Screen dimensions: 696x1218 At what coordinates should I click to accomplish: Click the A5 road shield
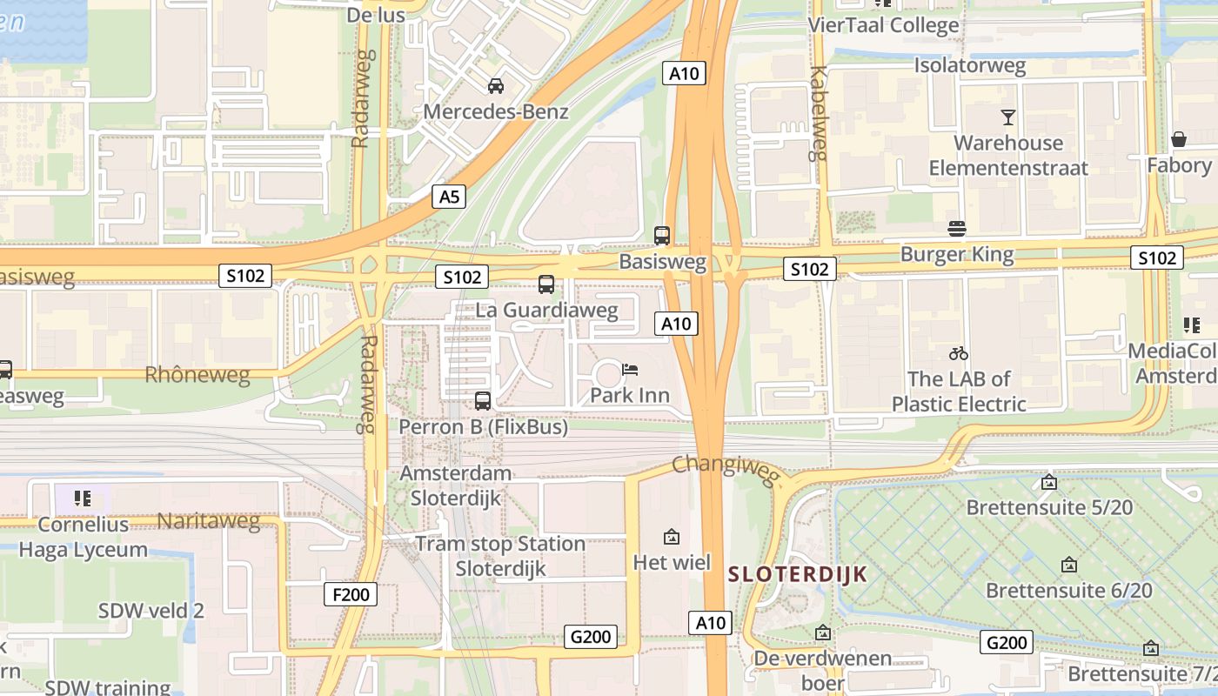[x=449, y=197]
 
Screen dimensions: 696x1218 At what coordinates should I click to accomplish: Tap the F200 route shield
[x=351, y=595]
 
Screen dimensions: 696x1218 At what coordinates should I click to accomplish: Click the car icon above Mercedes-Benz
[x=496, y=85]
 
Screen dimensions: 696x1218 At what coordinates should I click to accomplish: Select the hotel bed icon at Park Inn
[x=630, y=370]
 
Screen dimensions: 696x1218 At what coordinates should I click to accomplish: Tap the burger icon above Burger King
[x=957, y=228]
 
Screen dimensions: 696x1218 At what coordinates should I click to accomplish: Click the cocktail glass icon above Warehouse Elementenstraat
[x=1007, y=117]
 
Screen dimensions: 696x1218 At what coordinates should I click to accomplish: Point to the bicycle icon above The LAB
[x=959, y=353]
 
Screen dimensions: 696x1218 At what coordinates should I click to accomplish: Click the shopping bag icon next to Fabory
[x=1179, y=139]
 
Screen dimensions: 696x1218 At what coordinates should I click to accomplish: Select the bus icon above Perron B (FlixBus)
[x=483, y=400]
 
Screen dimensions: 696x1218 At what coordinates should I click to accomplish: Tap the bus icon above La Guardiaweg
[x=546, y=284]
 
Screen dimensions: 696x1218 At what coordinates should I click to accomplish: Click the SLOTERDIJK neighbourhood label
[x=798, y=574]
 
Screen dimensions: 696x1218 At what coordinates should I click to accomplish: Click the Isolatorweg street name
[x=969, y=65]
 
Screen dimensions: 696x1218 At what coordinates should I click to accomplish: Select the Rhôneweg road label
[x=197, y=376]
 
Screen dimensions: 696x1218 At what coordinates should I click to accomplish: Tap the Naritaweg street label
[x=208, y=521]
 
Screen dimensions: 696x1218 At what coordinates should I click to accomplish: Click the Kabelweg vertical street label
[x=817, y=113]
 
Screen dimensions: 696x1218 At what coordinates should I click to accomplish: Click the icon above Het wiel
[x=671, y=537]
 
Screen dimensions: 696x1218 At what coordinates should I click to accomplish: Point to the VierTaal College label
[x=883, y=25]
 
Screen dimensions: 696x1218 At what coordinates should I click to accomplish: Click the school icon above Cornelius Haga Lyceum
[x=83, y=499]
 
